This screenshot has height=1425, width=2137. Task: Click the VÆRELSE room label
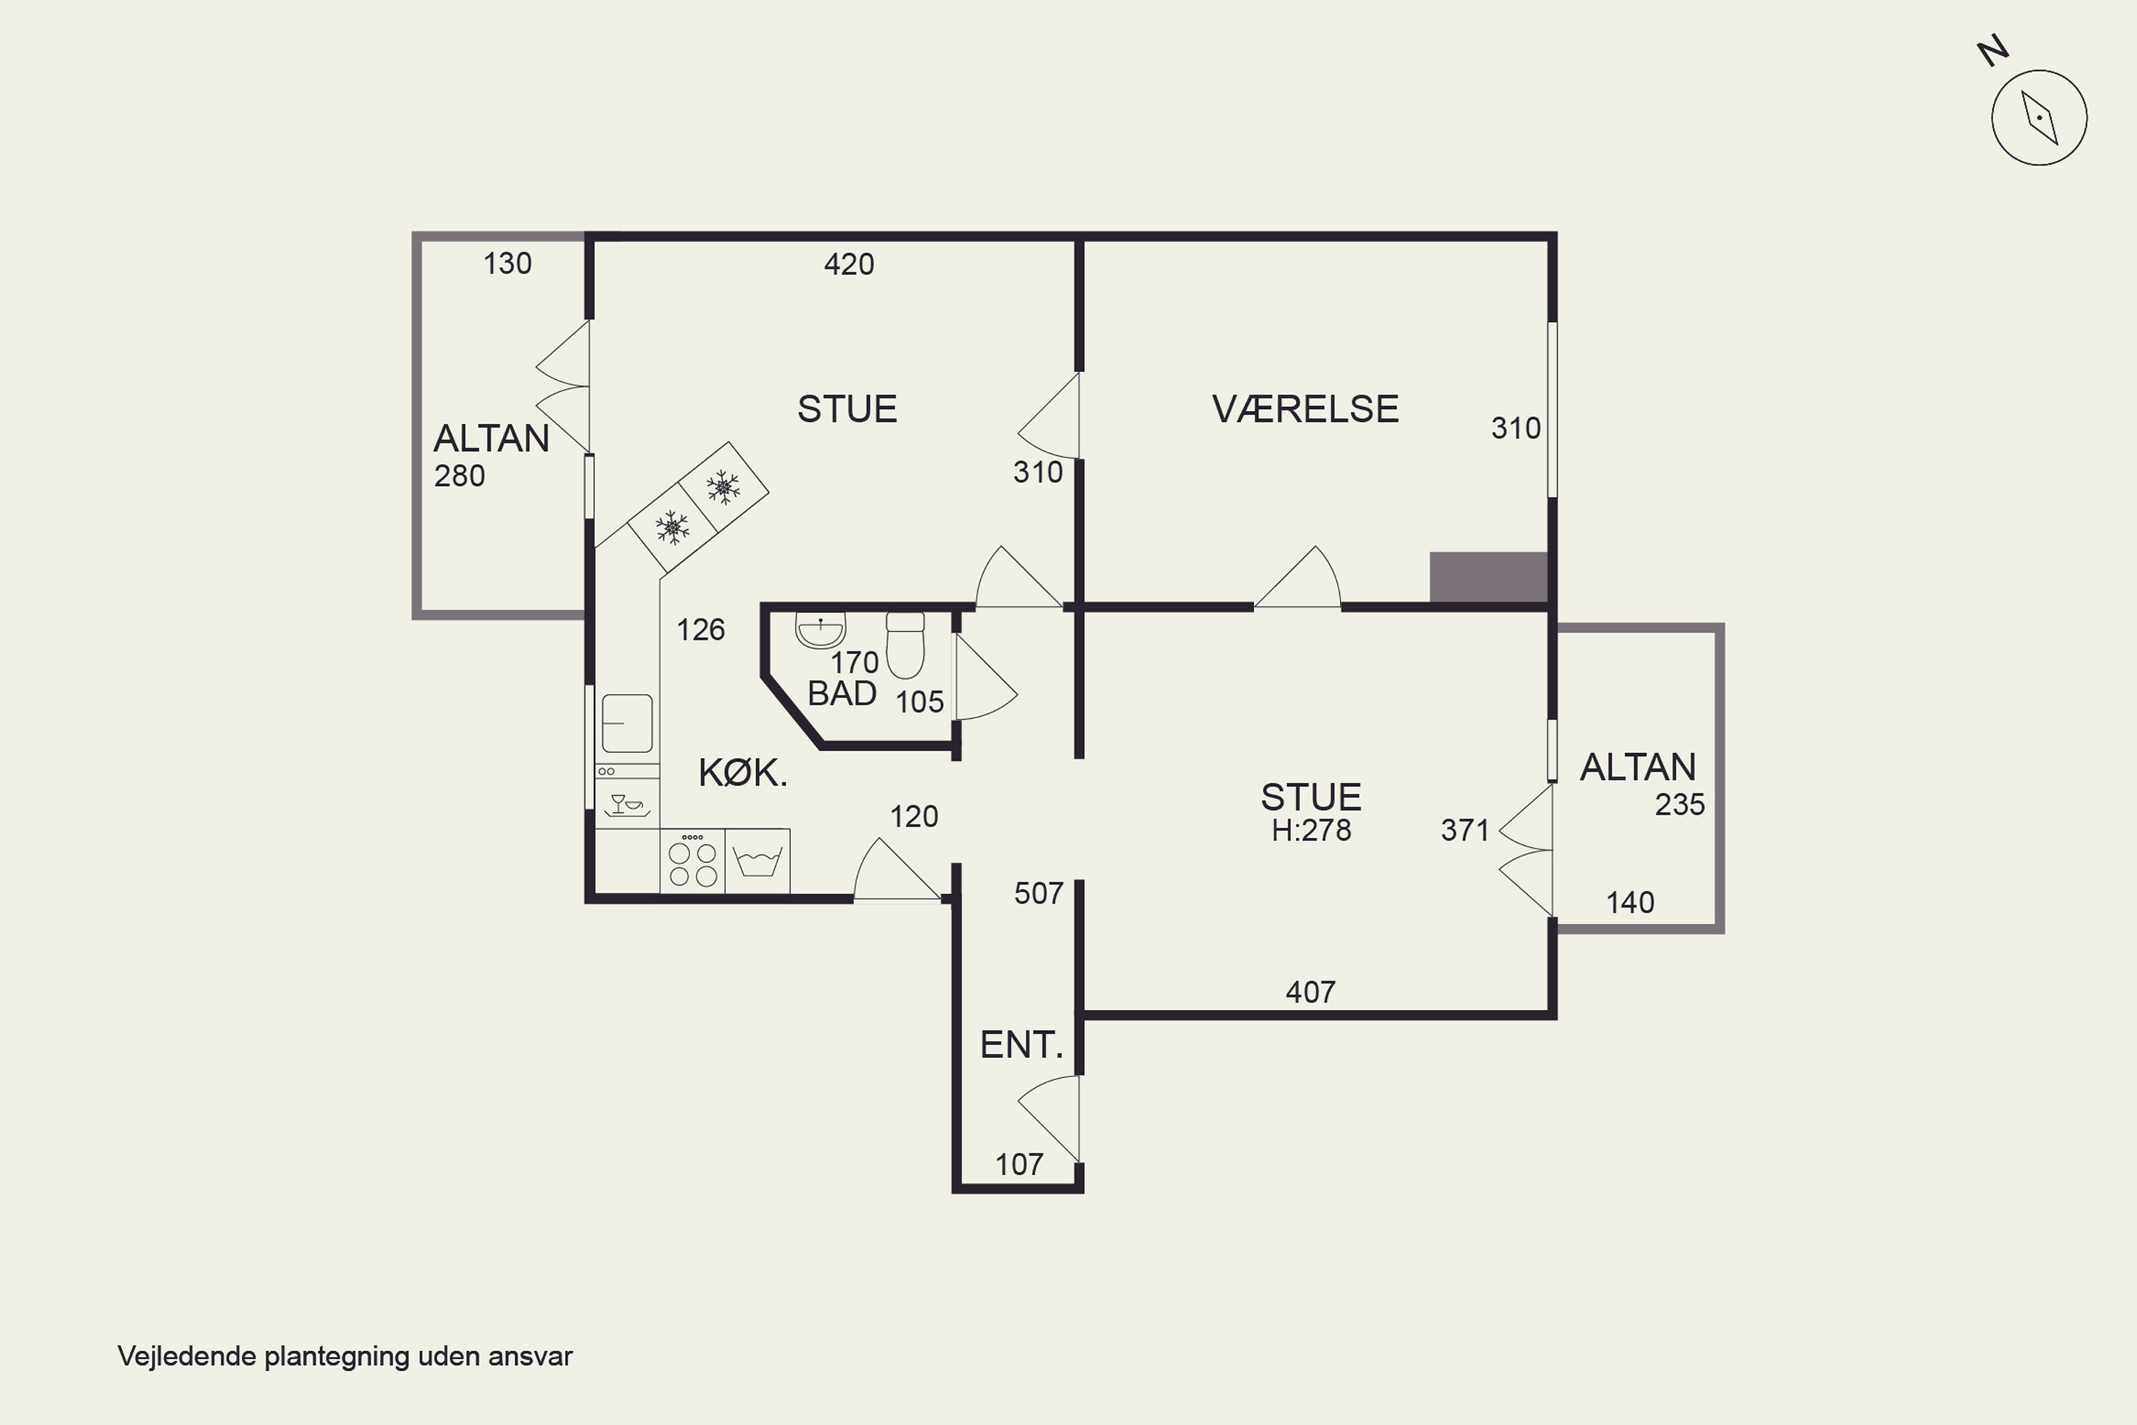(1306, 409)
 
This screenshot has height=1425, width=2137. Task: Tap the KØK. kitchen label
(742, 772)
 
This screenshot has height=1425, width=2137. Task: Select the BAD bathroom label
(841, 693)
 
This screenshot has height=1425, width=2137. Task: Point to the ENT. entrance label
(1021, 1045)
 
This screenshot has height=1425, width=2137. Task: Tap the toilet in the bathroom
(905, 646)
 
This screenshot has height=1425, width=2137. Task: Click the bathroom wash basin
(821, 629)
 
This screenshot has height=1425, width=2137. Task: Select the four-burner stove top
(692, 861)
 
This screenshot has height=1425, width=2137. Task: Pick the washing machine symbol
(756, 861)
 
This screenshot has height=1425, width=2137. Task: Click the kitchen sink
(627, 723)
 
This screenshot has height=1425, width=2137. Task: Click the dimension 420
(848, 264)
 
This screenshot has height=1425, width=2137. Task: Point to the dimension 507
(1039, 893)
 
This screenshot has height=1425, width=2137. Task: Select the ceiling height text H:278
(1311, 830)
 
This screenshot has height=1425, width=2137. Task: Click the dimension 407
(1310, 992)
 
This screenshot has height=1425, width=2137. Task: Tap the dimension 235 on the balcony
(1679, 804)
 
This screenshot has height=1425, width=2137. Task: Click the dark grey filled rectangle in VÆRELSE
(1488, 577)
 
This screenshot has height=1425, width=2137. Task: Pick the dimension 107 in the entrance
(1019, 1164)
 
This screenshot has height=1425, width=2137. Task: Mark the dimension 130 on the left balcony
(507, 264)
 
